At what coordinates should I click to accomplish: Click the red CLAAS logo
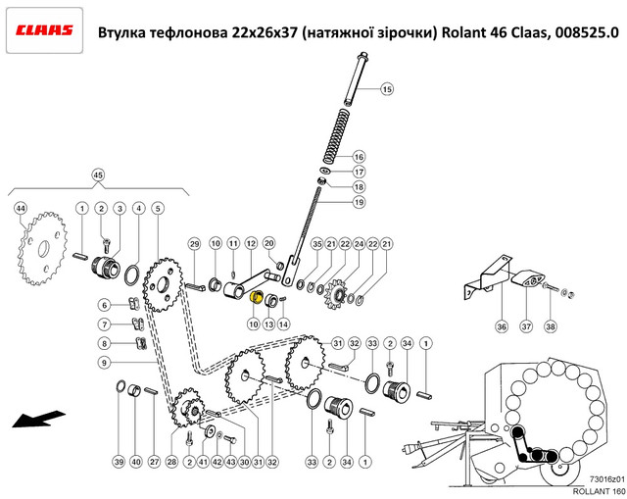coord(44,30)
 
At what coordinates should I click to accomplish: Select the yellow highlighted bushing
coord(255,298)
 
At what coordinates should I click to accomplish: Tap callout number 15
coord(387,89)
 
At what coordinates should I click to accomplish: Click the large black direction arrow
coord(38,419)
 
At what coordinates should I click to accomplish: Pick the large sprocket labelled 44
coord(42,248)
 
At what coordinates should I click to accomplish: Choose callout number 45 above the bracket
coord(98,175)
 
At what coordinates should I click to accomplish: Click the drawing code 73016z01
coord(606,479)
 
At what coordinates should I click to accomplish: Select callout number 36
coord(502,326)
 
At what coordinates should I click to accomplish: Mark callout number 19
coord(359,202)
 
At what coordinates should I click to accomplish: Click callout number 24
coord(359,244)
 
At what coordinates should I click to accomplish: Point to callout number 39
coord(120,462)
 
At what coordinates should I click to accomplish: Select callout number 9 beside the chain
coord(105,363)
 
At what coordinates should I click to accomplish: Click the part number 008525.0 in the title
coord(586,32)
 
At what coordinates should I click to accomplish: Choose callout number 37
coord(526,326)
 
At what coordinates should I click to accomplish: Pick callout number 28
coord(171,462)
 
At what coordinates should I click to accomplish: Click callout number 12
coord(251,243)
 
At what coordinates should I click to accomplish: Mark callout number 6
coord(105,305)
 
